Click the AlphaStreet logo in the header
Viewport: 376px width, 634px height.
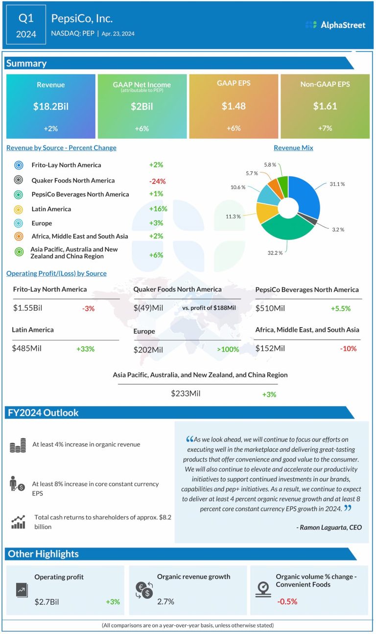[x=335, y=25]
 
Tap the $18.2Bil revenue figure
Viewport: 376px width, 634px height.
[x=51, y=106]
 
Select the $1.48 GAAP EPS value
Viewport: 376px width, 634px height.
[x=233, y=106]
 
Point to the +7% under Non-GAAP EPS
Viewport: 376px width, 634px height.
[x=325, y=128]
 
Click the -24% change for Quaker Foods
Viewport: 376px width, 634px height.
[x=157, y=181]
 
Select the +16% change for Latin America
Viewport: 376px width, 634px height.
[x=158, y=209]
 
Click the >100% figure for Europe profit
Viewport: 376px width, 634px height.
[x=228, y=349]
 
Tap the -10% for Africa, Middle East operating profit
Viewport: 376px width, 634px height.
[x=348, y=349]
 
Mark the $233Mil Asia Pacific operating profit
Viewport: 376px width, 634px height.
[x=186, y=393]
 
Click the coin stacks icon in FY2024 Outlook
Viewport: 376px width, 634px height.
[x=18, y=446]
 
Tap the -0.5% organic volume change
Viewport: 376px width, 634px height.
[x=287, y=602]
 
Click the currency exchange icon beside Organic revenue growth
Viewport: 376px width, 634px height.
[x=144, y=590]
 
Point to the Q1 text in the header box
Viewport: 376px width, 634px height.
[x=26, y=19]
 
